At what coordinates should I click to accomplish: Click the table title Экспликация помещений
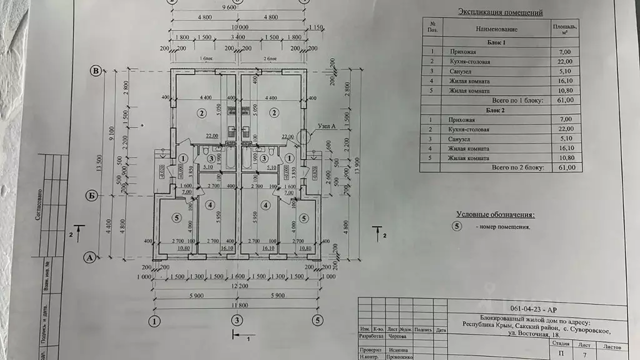click(x=501, y=11)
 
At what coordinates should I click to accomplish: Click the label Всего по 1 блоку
click(x=519, y=100)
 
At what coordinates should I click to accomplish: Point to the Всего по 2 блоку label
click(x=519, y=168)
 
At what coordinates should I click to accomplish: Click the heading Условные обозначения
click(x=496, y=214)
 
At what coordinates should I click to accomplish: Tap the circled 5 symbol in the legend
click(x=458, y=226)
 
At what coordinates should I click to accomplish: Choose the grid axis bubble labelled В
click(x=96, y=71)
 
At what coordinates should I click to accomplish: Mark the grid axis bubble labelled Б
click(x=91, y=196)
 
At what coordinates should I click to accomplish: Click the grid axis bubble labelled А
click(x=89, y=256)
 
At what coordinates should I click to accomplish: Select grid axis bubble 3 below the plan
click(x=236, y=321)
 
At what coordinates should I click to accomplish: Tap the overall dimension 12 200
click(x=236, y=285)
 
